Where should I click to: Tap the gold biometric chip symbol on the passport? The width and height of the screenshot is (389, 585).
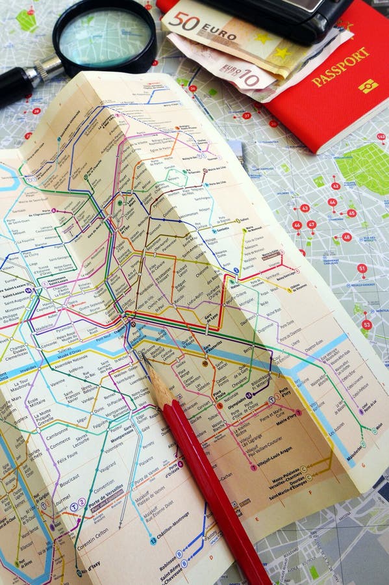coord(368,86)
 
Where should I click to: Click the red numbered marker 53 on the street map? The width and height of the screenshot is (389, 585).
coord(367,324)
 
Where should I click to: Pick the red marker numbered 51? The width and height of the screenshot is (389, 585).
coord(362,268)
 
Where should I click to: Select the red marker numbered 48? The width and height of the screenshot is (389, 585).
coord(347,237)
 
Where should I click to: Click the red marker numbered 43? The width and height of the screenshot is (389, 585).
coord(305,208)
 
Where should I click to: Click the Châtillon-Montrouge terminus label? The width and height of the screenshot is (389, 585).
coord(171,525)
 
